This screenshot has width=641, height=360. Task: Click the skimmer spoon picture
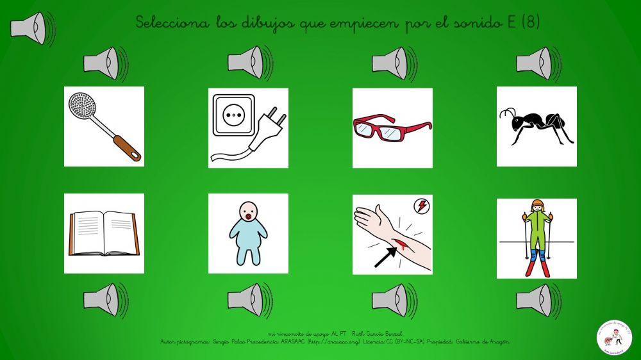[x=104, y=126]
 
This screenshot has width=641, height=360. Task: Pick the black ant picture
[x=537, y=126]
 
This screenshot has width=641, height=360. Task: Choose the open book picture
[x=104, y=233]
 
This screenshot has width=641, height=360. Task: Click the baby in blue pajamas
[x=248, y=233]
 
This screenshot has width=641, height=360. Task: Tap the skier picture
[x=537, y=238]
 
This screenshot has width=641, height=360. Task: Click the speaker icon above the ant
[x=537, y=63]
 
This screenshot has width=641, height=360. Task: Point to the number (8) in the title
[x=531, y=23]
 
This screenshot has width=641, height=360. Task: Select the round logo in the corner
[x=614, y=335]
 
